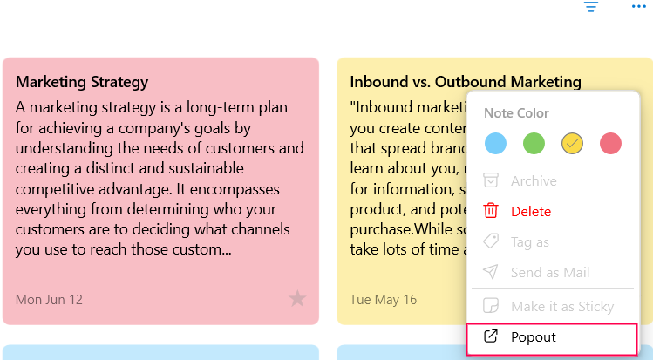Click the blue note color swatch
coord(495,144)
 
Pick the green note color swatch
coord(534,144)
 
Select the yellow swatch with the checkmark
coord(572,144)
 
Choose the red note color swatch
coord(610,144)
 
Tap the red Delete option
coord(531,212)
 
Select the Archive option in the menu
coord(534,181)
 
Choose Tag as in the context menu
coord(530,242)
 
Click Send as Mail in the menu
coord(550,273)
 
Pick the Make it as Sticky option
coord(562,307)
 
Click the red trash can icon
coord(491,211)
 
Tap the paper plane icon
coord(491,272)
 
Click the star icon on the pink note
coord(297,299)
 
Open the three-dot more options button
coord(639,6)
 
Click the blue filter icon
coord(591,7)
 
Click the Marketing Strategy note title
coord(82,82)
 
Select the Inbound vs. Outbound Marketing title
coord(466,82)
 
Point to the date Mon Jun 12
coord(49,300)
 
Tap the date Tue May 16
coord(383,300)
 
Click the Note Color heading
coord(516,113)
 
